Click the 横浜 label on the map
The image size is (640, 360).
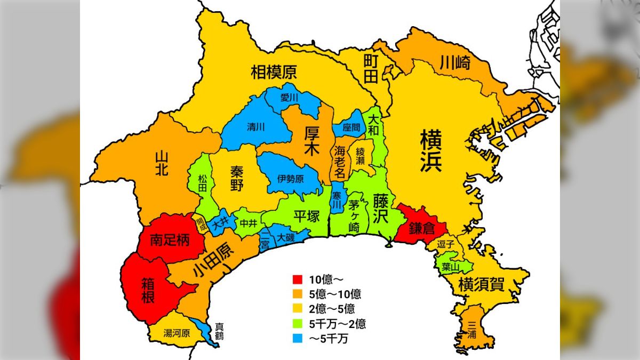(x=430, y=151)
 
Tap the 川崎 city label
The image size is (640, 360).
(x=455, y=63)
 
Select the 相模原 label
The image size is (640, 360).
(x=274, y=73)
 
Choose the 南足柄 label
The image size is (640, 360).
(x=170, y=241)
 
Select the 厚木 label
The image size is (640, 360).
(x=311, y=141)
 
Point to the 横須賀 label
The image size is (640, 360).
(x=481, y=284)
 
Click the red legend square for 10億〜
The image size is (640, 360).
(x=298, y=279)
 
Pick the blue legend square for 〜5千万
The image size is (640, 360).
(x=298, y=337)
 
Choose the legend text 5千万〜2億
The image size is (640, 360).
(x=337, y=323)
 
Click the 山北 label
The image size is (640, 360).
(x=162, y=163)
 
